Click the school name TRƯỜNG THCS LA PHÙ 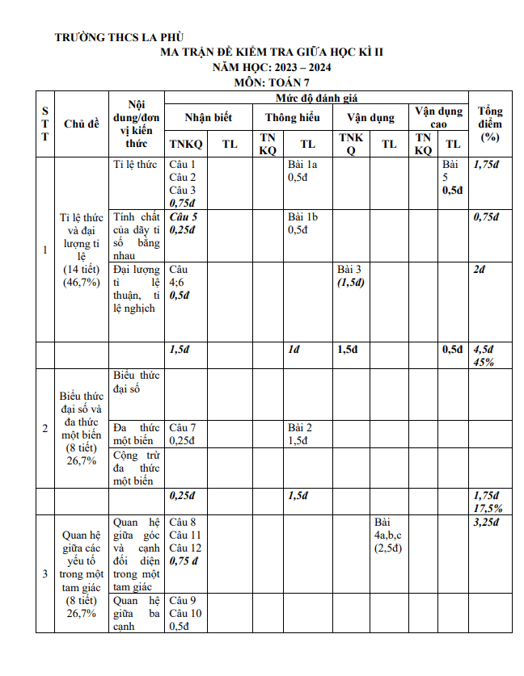(x=120, y=37)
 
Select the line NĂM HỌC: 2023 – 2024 (x=272, y=67)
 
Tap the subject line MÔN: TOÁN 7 (x=272, y=82)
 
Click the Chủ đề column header (x=82, y=124)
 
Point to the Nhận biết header (x=208, y=117)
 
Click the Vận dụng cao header (x=438, y=117)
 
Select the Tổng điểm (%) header (x=490, y=124)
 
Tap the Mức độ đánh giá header (x=316, y=98)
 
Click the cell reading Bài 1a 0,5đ (x=303, y=170)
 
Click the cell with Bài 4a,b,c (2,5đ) (x=389, y=535)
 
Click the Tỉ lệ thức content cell (x=135, y=164)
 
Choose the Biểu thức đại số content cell (x=137, y=382)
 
